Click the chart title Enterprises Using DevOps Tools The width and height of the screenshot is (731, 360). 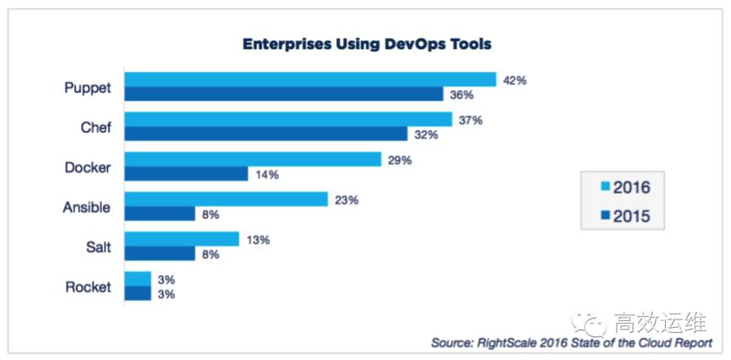point(367,43)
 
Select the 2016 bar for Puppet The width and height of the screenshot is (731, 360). point(310,79)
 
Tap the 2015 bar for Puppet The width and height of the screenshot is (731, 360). point(284,94)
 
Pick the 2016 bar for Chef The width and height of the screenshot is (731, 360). point(288,120)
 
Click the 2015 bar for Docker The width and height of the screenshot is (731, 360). point(187,173)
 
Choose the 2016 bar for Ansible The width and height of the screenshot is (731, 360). point(226,199)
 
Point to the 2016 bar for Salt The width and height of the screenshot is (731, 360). point(182,239)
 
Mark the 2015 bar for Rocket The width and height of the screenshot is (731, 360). point(138,293)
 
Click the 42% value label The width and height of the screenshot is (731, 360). point(515,80)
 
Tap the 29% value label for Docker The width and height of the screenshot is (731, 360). point(400,160)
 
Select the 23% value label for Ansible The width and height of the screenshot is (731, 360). point(346,200)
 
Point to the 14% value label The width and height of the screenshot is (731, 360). point(267,174)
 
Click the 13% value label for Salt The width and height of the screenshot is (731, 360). point(258,240)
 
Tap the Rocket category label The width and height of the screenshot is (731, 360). point(88,286)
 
